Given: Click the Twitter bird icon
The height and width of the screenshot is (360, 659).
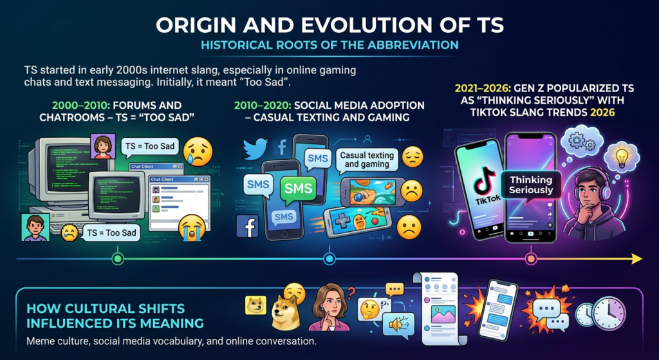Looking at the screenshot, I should [255, 149].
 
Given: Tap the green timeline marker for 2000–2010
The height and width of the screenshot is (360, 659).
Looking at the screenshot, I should [118, 259].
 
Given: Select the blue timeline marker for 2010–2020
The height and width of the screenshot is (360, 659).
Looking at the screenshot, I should [329, 259].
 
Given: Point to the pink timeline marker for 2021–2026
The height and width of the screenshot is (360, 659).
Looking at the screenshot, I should [531, 259].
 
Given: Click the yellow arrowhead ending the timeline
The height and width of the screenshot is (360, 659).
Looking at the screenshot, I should [636, 259].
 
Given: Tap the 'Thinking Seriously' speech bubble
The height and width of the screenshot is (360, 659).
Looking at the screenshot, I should [530, 185].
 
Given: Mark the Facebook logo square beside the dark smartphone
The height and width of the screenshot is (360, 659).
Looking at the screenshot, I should [248, 226].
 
